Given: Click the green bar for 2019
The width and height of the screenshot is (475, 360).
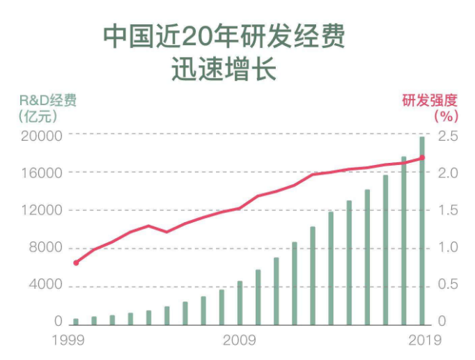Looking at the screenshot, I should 421,230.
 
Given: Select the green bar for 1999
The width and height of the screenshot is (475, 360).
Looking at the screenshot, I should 76,321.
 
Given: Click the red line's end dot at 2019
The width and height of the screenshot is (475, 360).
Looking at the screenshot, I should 422,157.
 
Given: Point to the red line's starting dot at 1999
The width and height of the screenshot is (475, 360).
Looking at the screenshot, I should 76,263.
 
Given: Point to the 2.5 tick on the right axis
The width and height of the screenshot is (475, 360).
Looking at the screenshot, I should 448,135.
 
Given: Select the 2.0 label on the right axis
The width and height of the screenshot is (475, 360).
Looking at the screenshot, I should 448,173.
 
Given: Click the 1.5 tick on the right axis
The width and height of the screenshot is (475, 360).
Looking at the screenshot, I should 448,210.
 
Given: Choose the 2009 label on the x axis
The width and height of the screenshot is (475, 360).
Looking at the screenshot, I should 240,341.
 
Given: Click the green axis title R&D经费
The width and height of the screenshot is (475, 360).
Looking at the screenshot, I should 47,100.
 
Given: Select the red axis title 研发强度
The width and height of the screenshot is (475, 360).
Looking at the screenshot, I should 430,100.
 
